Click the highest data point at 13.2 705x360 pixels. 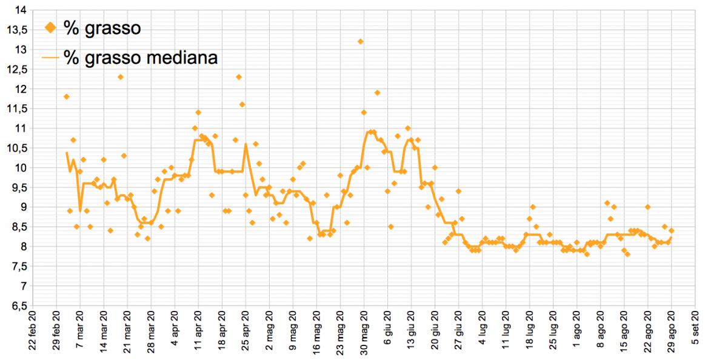tap(360, 42)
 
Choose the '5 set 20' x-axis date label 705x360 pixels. tap(695, 335)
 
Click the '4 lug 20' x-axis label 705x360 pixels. tap(483, 335)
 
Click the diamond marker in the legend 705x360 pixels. tap(50, 27)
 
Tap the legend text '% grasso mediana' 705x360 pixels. tap(140, 58)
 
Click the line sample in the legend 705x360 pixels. tap(50, 58)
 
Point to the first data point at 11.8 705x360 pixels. tap(67, 97)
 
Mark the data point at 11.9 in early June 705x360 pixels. tap(377, 93)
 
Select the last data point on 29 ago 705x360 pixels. tap(671, 231)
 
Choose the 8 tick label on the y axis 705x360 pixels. tap(22, 247)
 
